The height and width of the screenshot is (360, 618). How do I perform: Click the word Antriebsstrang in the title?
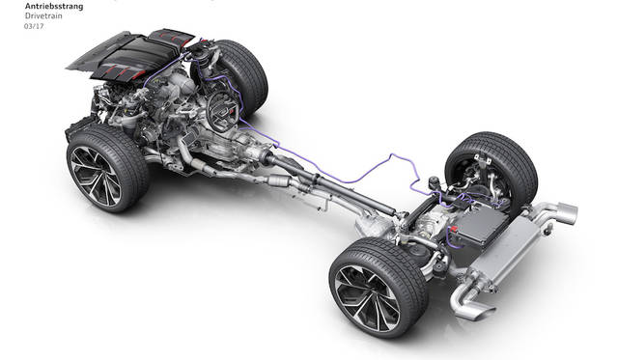tap(54, 7)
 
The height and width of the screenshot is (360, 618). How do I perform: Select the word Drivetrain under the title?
tap(43, 16)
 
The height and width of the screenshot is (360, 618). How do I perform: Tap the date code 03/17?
tap(34, 26)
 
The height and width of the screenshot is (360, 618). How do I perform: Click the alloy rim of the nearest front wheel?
tap(96, 177)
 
